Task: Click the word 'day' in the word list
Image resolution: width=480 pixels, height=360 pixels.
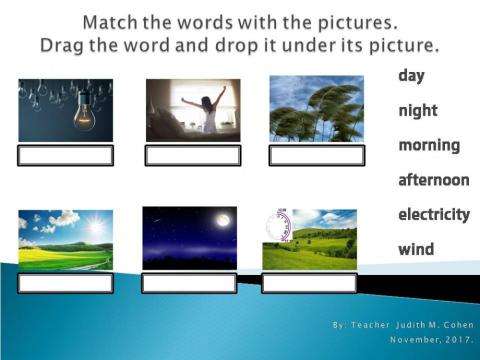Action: [x=412, y=75]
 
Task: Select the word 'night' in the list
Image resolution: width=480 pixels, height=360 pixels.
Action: [x=418, y=111]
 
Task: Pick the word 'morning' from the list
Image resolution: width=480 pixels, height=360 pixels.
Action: [x=429, y=146]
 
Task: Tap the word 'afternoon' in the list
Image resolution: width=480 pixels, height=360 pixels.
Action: [x=434, y=180]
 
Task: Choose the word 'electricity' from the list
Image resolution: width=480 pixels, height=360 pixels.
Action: [x=434, y=214]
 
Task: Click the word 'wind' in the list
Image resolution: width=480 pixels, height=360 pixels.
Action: [x=416, y=249]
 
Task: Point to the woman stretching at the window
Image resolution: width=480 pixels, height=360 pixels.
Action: [x=210, y=109]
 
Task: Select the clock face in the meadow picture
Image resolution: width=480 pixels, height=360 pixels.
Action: [x=279, y=225]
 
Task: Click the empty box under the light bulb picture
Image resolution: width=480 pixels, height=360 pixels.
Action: [x=65, y=156]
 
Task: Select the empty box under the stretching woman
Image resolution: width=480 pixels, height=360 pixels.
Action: [x=193, y=156]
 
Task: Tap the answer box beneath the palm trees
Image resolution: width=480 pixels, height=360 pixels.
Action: [x=316, y=156]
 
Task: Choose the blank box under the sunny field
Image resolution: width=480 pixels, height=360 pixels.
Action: [x=65, y=283]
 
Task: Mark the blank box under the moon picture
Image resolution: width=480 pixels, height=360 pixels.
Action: [x=189, y=283]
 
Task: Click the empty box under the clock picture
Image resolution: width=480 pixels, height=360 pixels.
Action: [x=309, y=283]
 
